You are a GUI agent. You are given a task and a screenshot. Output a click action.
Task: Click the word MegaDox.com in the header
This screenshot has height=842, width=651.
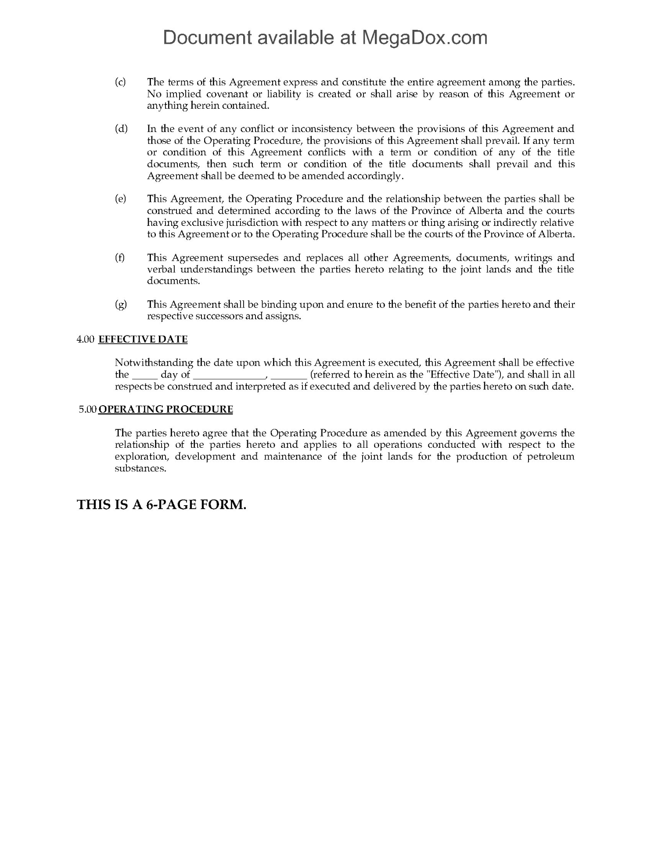click(424, 38)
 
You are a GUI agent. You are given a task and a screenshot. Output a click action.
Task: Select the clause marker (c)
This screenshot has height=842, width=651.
click(120, 82)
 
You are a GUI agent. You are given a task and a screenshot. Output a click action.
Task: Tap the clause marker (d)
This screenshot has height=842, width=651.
click(121, 128)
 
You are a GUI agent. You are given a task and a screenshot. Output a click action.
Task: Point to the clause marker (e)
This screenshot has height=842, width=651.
click(120, 199)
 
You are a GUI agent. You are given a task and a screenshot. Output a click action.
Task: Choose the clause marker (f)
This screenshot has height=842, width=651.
click(119, 257)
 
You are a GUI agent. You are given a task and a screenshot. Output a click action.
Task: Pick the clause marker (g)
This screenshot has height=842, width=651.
click(121, 304)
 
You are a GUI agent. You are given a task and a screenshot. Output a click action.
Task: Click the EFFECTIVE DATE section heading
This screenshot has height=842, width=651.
click(143, 339)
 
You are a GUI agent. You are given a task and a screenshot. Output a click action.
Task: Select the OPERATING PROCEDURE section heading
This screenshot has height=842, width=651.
click(166, 410)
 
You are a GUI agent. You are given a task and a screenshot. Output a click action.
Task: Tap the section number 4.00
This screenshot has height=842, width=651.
click(86, 339)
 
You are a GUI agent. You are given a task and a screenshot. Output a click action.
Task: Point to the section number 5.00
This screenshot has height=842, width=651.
click(87, 410)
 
